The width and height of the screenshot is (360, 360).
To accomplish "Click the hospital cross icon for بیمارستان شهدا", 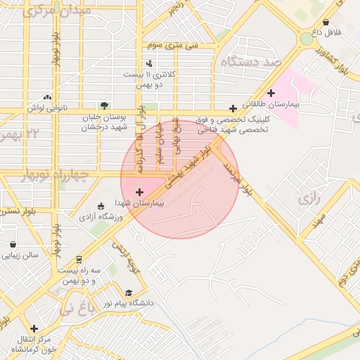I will [x=139, y=191].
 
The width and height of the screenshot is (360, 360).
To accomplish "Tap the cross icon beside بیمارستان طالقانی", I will [x=271, y=93].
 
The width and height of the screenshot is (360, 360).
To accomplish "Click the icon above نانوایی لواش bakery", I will [x=47, y=97].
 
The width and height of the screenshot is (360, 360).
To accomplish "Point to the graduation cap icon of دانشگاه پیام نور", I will [x=129, y=292].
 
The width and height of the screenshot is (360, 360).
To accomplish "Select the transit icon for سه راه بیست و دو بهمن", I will [x=79, y=259].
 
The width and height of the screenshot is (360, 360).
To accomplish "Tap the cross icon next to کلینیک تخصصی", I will [x=233, y=109].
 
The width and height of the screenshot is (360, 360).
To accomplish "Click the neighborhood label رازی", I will [x=309, y=199].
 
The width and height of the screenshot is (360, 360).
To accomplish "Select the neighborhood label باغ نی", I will [x=77, y=307].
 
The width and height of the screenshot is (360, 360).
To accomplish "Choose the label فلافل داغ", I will [x=326, y=32].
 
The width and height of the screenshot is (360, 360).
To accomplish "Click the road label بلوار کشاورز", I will [x=333, y=59].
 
